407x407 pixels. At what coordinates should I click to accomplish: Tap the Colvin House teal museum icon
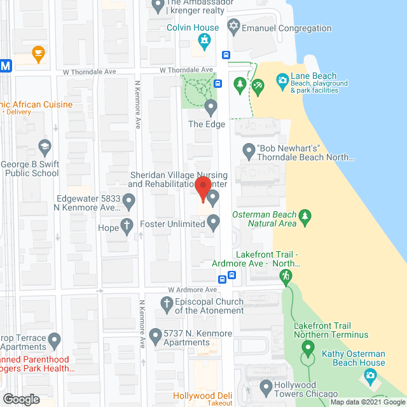205,43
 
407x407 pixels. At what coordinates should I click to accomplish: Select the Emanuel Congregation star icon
233,27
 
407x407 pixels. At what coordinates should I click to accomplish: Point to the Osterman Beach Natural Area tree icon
305,217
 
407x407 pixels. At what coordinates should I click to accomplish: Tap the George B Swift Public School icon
44,148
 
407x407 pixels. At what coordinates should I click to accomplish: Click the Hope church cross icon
127,226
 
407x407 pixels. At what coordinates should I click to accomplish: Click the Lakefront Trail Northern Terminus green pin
308,348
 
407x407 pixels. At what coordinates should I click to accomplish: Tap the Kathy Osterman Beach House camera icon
370,376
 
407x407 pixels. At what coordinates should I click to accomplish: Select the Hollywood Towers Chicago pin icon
265,386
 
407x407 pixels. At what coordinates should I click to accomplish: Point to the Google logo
20,399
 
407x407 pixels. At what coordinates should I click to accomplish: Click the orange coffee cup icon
38,53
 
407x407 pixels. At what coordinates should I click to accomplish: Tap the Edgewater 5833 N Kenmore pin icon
128,202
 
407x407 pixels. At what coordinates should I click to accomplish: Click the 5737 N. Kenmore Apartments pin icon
155,335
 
